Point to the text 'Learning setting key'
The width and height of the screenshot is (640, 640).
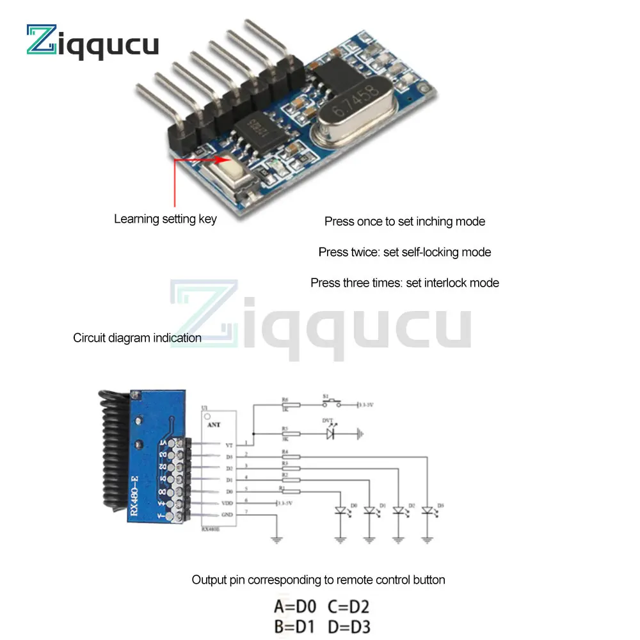pos(165,219)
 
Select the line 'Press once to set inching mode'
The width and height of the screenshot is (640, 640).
pos(404,221)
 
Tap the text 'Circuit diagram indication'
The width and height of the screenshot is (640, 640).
pos(137,338)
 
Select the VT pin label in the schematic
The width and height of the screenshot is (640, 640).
pos(228,445)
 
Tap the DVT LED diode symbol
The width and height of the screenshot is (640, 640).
pos(330,433)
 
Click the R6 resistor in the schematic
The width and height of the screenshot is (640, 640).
pos(285,404)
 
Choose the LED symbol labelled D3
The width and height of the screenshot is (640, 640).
pos(428,511)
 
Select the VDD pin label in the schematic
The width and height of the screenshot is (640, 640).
pos(227,504)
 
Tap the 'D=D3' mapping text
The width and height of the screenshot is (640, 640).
pos(349,627)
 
